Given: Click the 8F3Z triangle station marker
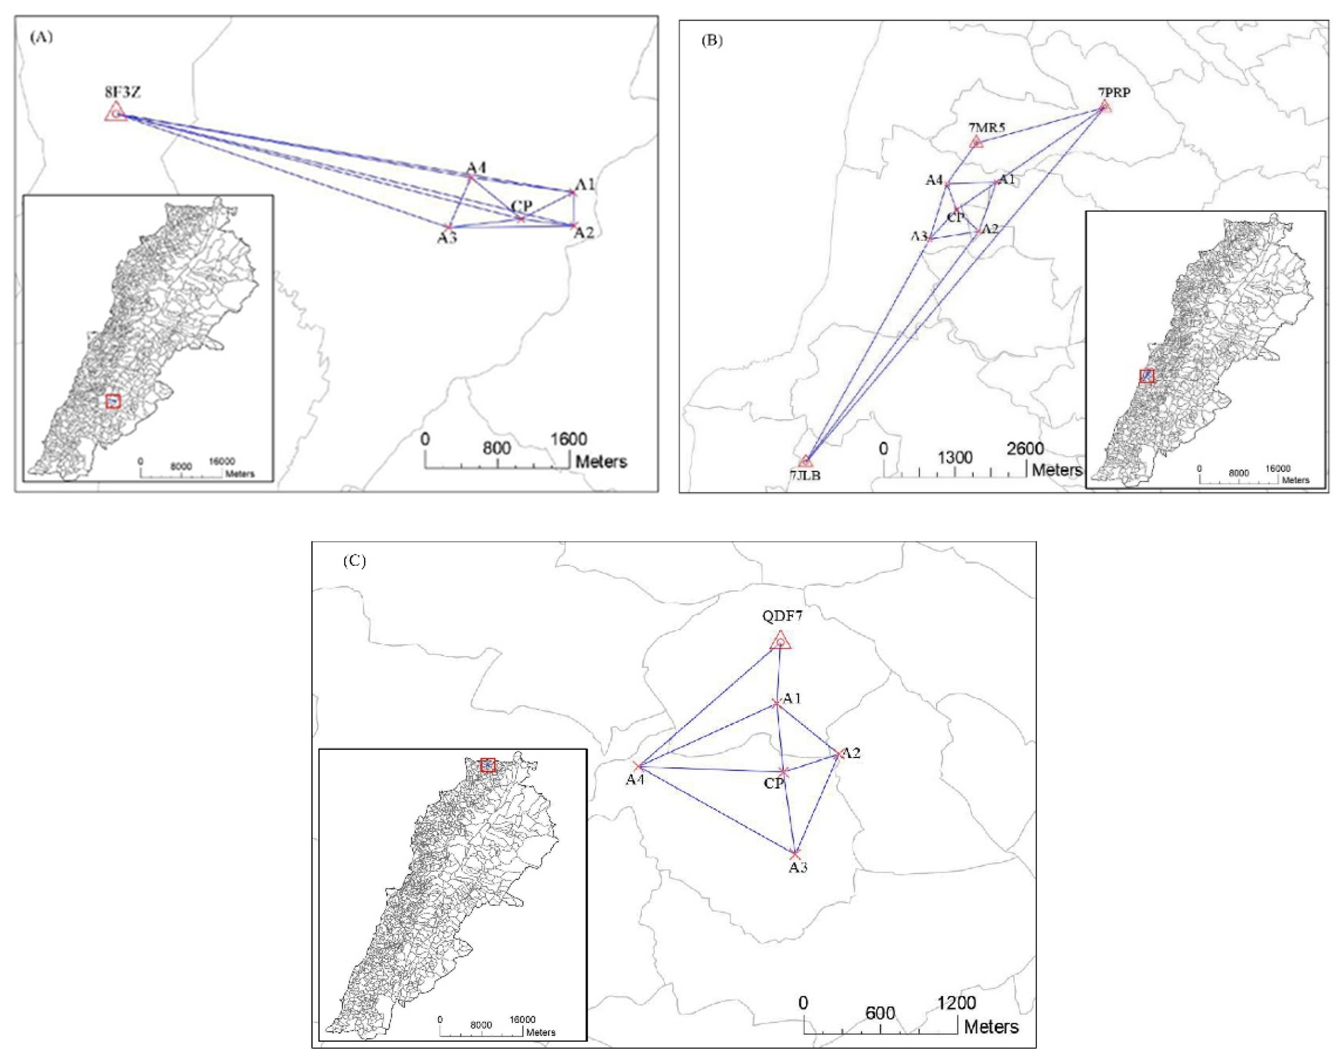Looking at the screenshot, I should [115, 113].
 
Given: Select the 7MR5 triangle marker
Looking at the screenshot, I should [976, 143].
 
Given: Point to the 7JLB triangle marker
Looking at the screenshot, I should [805, 461].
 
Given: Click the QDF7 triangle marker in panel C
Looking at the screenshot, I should [780, 641].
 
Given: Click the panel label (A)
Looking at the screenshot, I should [41, 37].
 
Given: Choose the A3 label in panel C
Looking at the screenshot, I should [798, 867].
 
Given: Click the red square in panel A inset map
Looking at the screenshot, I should [113, 401].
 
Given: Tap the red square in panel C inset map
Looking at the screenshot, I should [488, 765].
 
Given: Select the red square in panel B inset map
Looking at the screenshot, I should [1147, 376].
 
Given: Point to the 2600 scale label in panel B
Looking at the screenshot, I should [1025, 448].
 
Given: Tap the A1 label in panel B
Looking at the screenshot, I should [1006, 180].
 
